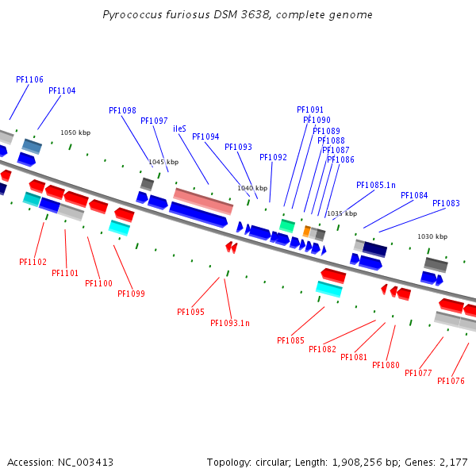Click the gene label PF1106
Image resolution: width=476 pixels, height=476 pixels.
(x=29, y=79)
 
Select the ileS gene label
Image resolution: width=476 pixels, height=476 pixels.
(x=179, y=129)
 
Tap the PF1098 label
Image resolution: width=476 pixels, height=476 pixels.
(x=122, y=110)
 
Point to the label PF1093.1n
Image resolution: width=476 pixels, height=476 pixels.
(x=230, y=323)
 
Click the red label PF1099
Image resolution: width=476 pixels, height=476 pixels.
(x=131, y=294)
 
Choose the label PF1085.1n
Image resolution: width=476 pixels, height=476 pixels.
(x=376, y=185)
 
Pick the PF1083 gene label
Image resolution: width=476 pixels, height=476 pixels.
(x=446, y=203)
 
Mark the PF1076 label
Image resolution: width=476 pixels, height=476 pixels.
(x=451, y=381)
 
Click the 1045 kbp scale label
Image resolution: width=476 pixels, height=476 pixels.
(x=163, y=162)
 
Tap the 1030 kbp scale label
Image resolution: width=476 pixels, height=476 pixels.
(x=432, y=236)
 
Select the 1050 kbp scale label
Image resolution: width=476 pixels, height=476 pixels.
(x=75, y=132)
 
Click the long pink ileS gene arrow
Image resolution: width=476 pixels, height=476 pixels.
(x=203, y=201)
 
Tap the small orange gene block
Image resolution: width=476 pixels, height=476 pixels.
(x=307, y=231)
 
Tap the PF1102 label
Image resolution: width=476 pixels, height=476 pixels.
(x=33, y=262)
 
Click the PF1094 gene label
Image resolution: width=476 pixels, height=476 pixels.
(x=205, y=136)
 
